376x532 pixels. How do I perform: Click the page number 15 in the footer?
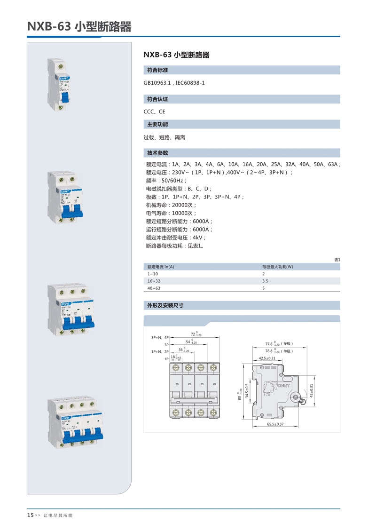pos(30,515)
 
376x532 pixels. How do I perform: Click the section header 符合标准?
pos(157,70)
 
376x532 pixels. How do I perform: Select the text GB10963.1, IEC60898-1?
pos(174,83)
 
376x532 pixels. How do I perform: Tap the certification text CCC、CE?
pos(155,112)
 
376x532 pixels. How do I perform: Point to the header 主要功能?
pos(157,124)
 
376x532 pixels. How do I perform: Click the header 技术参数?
pos(157,153)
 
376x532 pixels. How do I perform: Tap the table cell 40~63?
pos(154,288)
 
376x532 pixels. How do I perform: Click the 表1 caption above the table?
pos(337,260)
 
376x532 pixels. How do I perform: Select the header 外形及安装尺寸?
pos(165,305)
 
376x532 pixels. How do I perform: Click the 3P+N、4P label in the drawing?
pos(160,338)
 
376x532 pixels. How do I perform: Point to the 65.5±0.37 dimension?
pos(275,424)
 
